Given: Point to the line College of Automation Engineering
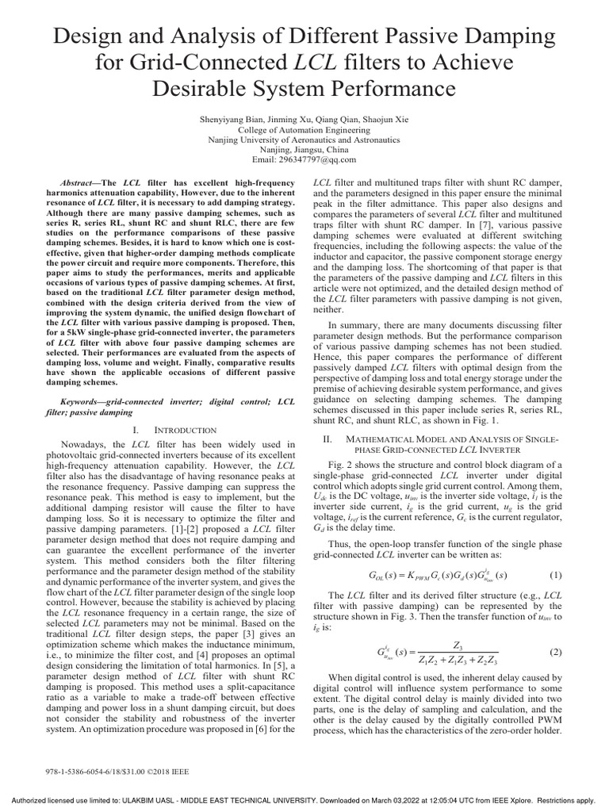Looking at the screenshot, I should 304,128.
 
